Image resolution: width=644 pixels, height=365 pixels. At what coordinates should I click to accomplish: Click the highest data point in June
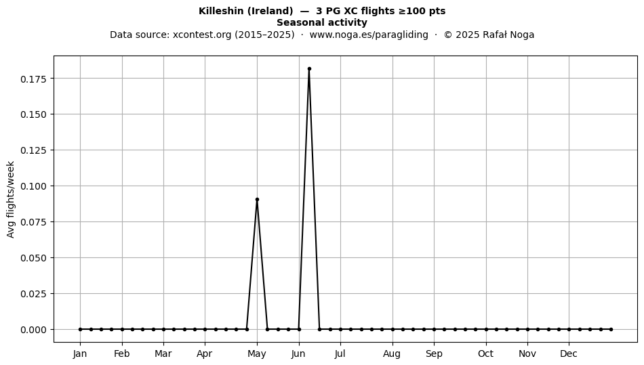309,69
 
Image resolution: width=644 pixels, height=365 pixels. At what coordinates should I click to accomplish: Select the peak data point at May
257,199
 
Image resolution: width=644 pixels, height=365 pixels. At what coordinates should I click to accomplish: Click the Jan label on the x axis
80,354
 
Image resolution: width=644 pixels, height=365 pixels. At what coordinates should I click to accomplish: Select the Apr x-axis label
205,354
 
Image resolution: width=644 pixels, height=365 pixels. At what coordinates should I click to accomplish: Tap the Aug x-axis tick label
392,354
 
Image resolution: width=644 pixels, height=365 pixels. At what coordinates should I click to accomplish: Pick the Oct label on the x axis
486,354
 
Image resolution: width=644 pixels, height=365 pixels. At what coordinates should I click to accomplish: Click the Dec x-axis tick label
569,354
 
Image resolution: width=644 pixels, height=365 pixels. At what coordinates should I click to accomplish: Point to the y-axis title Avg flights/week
11,199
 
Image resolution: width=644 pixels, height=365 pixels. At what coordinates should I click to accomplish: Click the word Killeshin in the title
221,11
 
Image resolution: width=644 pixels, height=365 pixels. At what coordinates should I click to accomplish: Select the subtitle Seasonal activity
322,22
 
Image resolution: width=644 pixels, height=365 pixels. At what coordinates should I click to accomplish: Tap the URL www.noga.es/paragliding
369,35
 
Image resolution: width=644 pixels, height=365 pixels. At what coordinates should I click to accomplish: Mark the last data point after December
611,329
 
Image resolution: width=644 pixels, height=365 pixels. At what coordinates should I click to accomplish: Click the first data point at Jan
80,329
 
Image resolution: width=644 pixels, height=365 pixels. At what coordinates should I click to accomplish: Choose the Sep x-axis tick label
434,354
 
